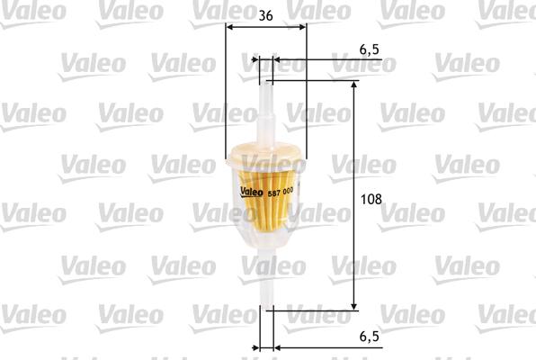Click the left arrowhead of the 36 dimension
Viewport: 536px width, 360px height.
(228, 27)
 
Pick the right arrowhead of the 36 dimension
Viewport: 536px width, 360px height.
(302, 27)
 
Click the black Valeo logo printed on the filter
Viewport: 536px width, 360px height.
(254, 191)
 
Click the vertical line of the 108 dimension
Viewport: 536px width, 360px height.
(353, 198)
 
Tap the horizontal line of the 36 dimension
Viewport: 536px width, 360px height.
(265, 27)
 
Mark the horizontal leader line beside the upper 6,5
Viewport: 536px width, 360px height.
(324, 62)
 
